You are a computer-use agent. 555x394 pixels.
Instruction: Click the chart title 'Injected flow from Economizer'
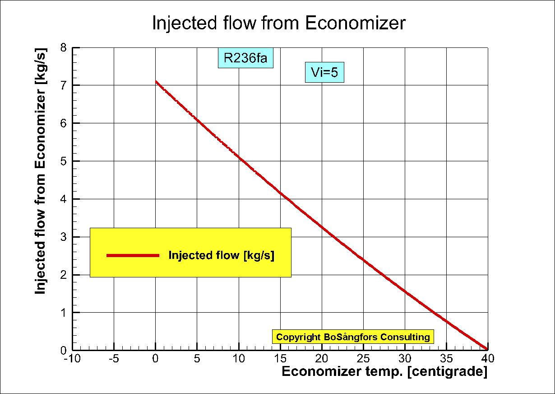pyautogui.click(x=278, y=23)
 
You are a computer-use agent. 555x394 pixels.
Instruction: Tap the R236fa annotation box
pyautogui.click(x=245, y=58)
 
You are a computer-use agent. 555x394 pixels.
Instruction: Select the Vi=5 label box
pyautogui.click(x=324, y=72)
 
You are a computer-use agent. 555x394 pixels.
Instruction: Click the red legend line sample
pyautogui.click(x=133, y=256)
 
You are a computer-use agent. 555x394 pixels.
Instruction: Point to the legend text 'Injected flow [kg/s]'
pyautogui.click(x=221, y=255)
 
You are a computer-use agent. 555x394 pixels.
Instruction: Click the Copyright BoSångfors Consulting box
pyautogui.click(x=353, y=337)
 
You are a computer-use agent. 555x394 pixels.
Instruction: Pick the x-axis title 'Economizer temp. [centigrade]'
pyautogui.click(x=384, y=372)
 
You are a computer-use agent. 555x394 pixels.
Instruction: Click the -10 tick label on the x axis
pyautogui.click(x=72, y=359)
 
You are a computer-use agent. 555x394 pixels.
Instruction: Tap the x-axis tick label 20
pyautogui.click(x=322, y=359)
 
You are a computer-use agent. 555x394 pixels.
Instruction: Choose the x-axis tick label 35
pyautogui.click(x=446, y=359)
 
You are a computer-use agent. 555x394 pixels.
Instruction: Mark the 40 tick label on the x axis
pyautogui.click(x=487, y=359)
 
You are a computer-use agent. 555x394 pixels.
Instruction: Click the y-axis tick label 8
pyautogui.click(x=64, y=47)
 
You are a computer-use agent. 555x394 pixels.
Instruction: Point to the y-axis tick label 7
pyautogui.click(x=64, y=85)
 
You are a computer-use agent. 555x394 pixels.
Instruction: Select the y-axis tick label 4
pyautogui.click(x=64, y=199)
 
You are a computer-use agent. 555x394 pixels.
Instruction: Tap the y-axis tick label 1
pyautogui.click(x=64, y=313)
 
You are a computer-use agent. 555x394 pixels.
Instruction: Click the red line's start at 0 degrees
pyautogui.click(x=156, y=82)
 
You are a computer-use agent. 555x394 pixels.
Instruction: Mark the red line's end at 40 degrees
pyautogui.click(x=487, y=349)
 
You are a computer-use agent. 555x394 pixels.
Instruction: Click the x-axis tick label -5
pyautogui.click(x=114, y=359)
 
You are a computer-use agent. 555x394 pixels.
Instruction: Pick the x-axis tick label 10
pyautogui.click(x=238, y=359)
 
